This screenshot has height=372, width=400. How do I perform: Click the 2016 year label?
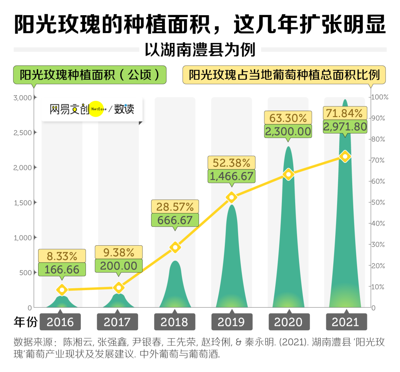61,322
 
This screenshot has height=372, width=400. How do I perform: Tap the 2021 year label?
346,322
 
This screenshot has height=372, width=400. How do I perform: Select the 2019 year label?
231,322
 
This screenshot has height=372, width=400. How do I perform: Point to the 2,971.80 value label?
345,127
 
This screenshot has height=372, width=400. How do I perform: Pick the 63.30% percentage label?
288,118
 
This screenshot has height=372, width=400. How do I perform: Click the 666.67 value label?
175,220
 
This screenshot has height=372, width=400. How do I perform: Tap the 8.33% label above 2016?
62,256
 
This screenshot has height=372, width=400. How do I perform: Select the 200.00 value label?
119,266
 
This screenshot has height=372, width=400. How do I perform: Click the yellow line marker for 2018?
175,247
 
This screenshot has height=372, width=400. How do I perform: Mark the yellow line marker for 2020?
289,174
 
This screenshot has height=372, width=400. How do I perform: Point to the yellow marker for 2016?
62,290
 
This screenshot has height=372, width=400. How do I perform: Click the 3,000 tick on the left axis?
23,98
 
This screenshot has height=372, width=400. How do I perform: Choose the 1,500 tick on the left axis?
23,203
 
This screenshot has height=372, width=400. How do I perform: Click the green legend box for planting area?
90,75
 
